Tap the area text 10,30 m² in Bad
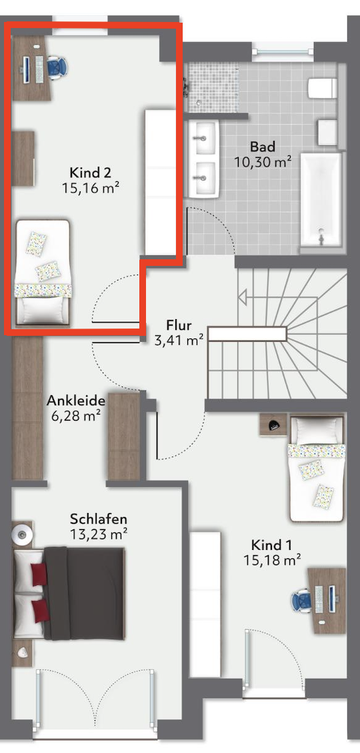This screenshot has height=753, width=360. pos(263,161)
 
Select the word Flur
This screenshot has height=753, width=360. pos(179,324)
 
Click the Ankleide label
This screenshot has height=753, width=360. pos(76,400)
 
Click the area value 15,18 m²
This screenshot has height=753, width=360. pos(273,560)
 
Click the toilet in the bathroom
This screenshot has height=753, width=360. pos(322,88)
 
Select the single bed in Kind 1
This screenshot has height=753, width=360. pos(317,469)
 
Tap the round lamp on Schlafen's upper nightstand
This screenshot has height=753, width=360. pos(21,533)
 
